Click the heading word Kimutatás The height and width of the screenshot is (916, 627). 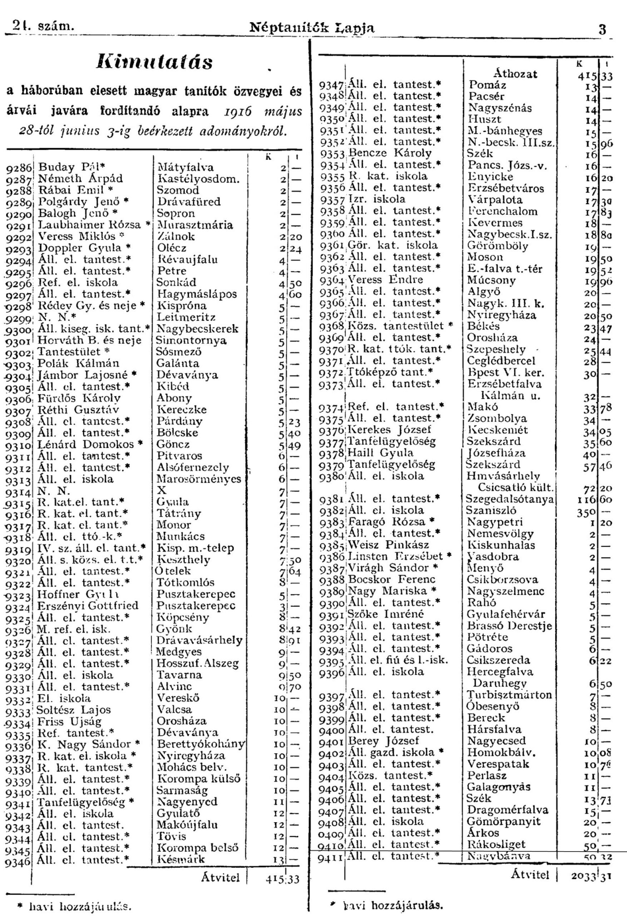pos(154,62)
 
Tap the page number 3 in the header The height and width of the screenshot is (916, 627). pos(602,30)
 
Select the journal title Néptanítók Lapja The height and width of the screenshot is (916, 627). pos(312,28)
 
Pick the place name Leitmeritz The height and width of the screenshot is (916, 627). pos(186,317)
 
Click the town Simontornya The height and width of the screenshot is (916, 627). pos(191,341)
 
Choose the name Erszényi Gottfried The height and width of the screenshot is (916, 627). pos(88,605)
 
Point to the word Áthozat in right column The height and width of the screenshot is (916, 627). pos(515,74)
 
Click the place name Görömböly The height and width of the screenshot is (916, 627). pos(498,245)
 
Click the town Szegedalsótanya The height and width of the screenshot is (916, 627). pos(510,499)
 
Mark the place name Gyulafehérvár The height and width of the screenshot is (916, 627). pos(506,614)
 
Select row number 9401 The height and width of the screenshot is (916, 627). pos(332,742)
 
